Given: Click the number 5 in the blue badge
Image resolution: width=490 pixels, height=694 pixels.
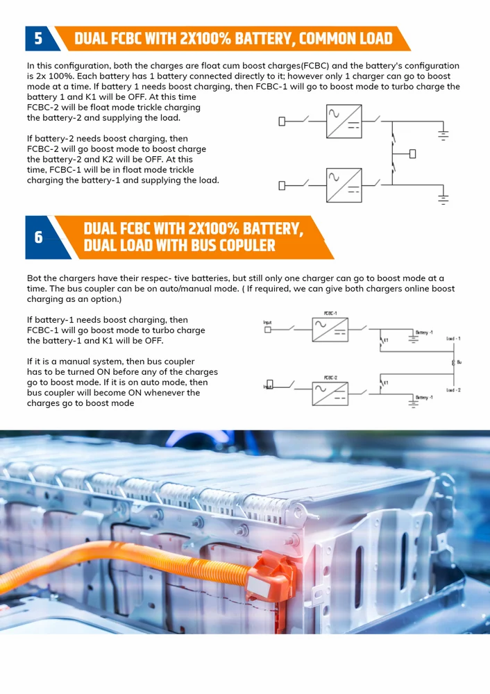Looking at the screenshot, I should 38,39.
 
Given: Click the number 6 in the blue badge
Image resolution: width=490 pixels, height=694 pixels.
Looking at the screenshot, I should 39,237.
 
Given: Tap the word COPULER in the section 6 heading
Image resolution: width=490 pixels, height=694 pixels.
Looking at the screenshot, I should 241,246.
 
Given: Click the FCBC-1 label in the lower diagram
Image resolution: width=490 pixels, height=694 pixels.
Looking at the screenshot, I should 330,314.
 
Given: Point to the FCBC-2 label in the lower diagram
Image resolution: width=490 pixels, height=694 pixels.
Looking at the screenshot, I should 330,378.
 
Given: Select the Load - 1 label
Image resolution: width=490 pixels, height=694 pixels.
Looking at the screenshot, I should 453,339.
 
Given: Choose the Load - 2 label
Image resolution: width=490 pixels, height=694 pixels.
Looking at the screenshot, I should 453,390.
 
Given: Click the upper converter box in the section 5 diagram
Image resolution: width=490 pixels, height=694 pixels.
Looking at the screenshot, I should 344,121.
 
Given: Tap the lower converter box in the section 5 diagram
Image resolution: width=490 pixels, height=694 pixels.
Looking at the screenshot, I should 344,185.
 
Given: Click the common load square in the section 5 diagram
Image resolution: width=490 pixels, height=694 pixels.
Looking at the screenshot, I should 412,153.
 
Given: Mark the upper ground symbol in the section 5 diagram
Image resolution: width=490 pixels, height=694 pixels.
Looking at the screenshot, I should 443,135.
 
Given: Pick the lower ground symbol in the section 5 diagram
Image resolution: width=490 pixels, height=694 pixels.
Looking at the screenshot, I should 443,198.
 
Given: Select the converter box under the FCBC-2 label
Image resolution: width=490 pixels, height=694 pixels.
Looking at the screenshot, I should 330,393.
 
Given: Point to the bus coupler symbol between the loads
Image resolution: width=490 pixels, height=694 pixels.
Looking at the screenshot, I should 453,362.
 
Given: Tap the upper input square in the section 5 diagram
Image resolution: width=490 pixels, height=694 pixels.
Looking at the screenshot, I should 282,121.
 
